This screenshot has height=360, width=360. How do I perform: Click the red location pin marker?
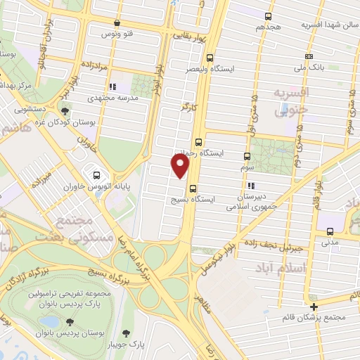[181, 166]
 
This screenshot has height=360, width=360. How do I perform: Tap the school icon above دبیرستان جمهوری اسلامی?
[251, 186]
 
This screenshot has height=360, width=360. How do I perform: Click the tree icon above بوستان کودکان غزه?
[65, 110]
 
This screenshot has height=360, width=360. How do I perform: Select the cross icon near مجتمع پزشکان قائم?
[314, 306]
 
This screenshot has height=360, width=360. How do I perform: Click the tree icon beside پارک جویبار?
[126, 333]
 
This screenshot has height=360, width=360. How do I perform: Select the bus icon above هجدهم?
[268, 15]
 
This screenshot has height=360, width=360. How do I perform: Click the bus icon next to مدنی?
[330, 231]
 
